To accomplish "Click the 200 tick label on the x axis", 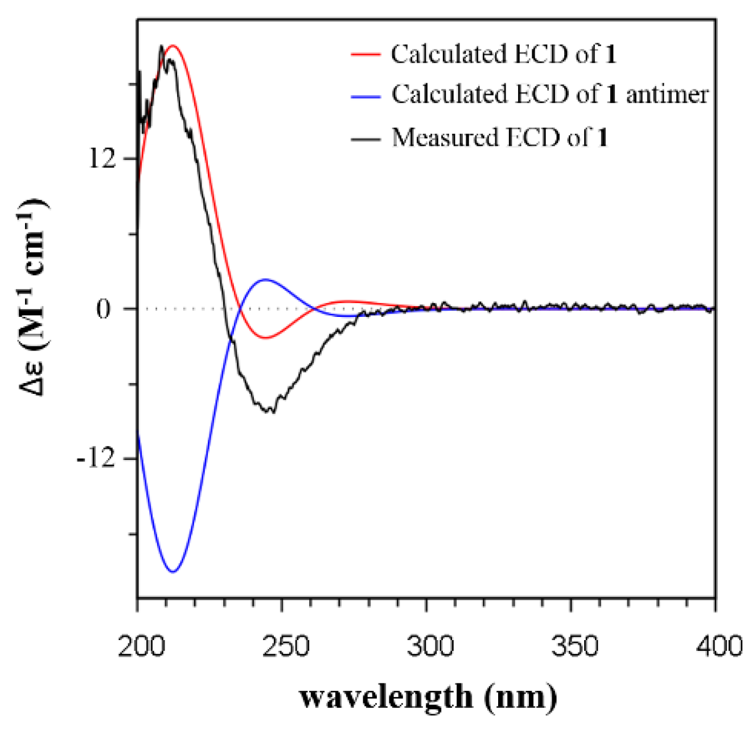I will (138, 647).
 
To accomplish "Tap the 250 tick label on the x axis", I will (282, 647).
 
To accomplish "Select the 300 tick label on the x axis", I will (426, 647).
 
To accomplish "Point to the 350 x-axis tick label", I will (570, 647).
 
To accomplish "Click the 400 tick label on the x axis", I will (715, 647).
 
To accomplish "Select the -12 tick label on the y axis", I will (97, 459).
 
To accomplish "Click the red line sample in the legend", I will (365, 55).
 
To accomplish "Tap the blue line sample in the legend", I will (365, 95).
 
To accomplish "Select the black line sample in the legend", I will (365, 138).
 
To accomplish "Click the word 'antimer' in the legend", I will (667, 94).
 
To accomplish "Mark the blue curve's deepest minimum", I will (174, 571).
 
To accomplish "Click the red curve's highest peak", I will (174, 46).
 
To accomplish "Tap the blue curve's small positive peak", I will (265, 279).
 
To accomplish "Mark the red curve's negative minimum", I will (265, 338).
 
